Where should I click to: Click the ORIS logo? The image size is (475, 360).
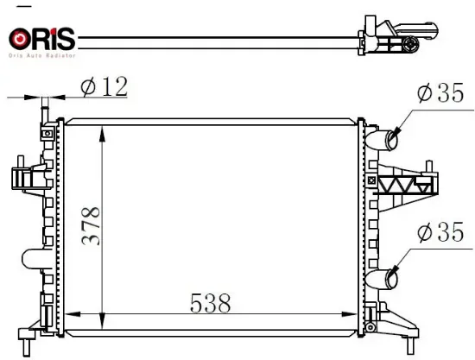pyautogui.click(x=41, y=38)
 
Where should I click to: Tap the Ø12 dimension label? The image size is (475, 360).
pyautogui.click(x=103, y=86)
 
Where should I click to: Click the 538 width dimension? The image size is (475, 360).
pyautogui.click(x=212, y=303)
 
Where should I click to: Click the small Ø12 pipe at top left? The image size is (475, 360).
pyautogui.click(x=41, y=111)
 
